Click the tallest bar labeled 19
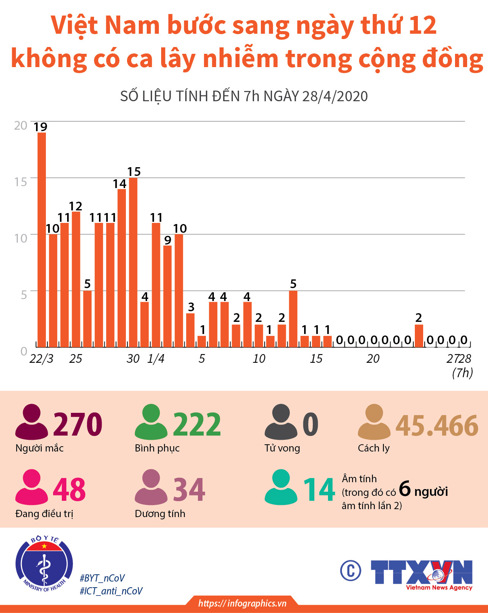click(x=42, y=240)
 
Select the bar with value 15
click(x=133, y=262)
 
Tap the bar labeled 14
click(x=122, y=268)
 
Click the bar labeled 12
click(x=76, y=279)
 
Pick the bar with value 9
click(x=167, y=296)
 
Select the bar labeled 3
click(x=190, y=330)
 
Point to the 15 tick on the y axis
click(x=21, y=182)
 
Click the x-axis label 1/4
click(x=156, y=359)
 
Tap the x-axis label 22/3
click(x=41, y=359)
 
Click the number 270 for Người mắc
click(x=78, y=424)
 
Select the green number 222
click(x=197, y=424)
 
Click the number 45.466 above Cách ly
click(x=437, y=425)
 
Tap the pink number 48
click(x=69, y=489)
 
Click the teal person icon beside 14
click(x=281, y=488)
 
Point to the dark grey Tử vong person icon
click(x=281, y=422)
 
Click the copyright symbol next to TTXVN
click(x=350, y=570)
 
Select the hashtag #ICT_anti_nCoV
click(x=111, y=591)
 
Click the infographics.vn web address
click(x=242, y=604)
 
